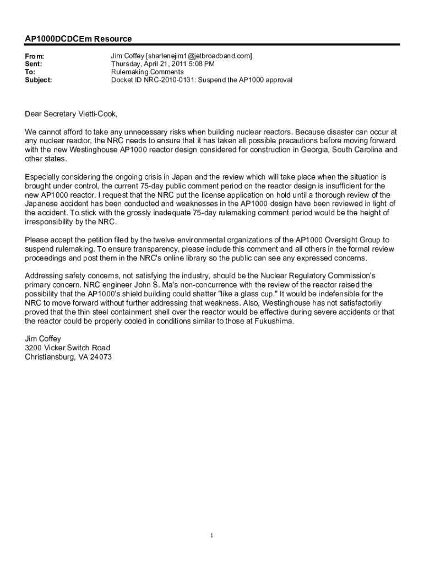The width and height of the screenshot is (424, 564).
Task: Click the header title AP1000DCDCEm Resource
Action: [78, 39]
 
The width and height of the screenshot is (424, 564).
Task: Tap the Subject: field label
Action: [39, 80]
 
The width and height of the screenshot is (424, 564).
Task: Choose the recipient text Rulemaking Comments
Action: [147, 72]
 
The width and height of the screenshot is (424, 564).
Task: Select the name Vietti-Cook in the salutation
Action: [96, 114]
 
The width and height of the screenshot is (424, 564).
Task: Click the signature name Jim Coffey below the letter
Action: [43, 339]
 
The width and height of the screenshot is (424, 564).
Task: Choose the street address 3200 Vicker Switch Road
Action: [67, 348]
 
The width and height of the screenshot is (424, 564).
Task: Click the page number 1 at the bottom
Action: [212, 535]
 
